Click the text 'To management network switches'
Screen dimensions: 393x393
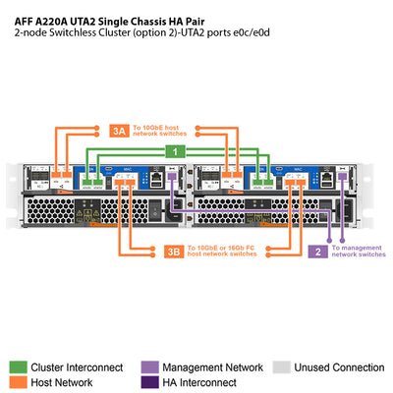coord(358,252)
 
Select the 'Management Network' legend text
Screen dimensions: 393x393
coord(209,366)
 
